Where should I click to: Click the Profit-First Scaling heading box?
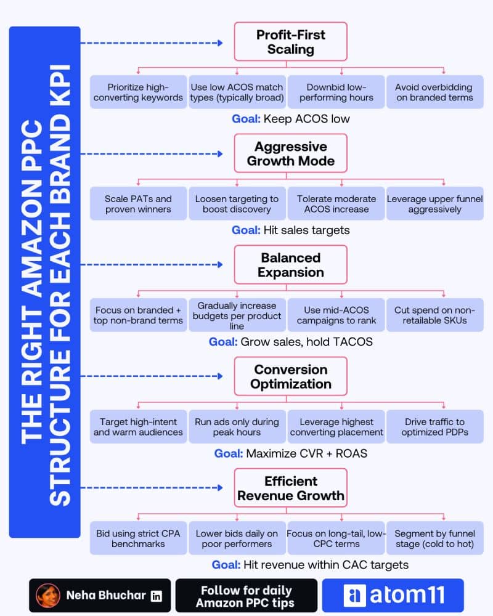pos(290,42)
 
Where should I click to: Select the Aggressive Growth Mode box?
pos(290,153)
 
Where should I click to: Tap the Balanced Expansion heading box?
pos(290,265)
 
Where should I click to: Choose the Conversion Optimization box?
pos(290,376)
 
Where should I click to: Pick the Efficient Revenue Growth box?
pos(290,488)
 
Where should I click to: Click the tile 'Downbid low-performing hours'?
pos(336,92)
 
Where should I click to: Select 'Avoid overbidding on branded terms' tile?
pos(435,92)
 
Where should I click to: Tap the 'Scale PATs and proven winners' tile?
pos(139,204)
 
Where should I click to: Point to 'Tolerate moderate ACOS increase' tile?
pos(336,204)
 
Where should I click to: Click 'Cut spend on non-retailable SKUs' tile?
pos(435,315)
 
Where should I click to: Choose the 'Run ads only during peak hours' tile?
pos(237,427)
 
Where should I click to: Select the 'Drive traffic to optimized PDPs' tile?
pos(435,427)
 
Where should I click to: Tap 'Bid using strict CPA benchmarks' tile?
pos(139,538)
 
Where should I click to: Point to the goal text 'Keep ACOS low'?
pos(307,119)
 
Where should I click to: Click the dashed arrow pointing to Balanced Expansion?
pos(152,265)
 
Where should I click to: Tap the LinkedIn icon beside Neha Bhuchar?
pos(157,596)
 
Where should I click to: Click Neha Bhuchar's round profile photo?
pos(48,596)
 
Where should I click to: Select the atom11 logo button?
pos(393,595)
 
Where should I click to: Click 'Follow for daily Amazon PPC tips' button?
pos(246,596)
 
